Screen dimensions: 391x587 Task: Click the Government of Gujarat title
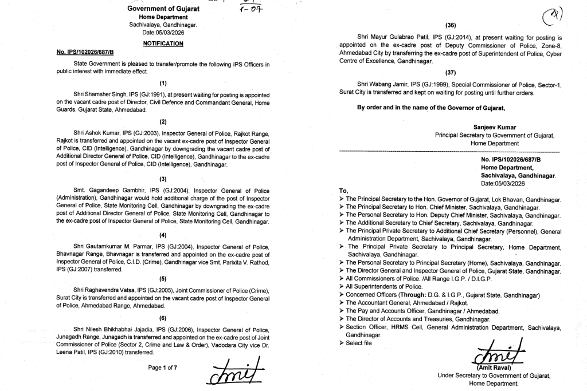coord(163,9)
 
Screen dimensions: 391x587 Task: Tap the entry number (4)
coord(163,235)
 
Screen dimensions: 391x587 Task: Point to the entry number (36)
coord(450,25)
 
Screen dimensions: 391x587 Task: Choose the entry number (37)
coord(450,73)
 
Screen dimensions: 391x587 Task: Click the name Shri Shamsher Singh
coord(98,93)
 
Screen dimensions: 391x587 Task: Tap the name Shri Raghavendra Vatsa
coord(103,290)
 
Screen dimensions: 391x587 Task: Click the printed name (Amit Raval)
coord(494,368)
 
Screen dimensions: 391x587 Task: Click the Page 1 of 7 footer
coord(163,368)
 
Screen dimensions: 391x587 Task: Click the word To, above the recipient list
coord(344,191)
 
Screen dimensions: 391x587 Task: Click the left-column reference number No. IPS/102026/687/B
coord(85,52)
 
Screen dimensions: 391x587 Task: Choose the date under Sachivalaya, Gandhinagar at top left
coord(163,33)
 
